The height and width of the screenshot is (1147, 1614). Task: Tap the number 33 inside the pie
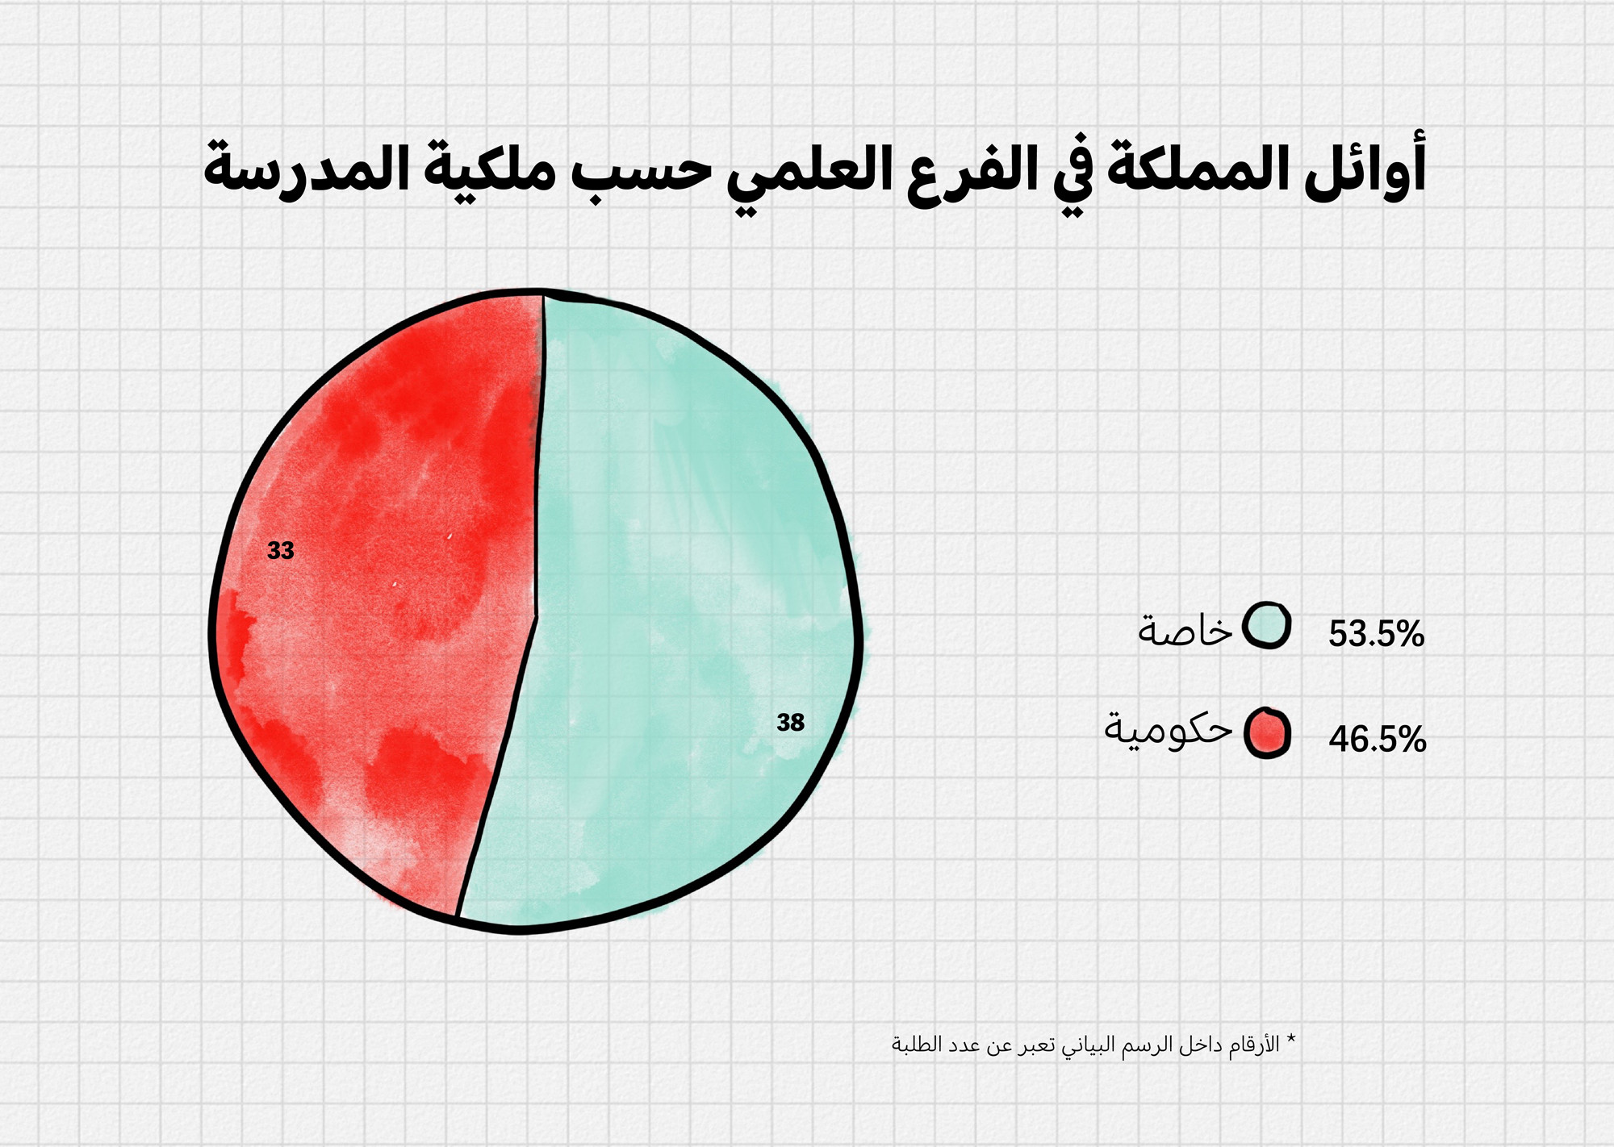click(x=281, y=551)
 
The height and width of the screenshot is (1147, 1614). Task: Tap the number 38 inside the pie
click(x=791, y=723)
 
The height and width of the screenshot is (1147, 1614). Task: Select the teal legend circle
click(x=1266, y=625)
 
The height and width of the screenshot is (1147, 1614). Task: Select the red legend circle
click(x=1267, y=733)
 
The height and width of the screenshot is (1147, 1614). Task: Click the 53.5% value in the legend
click(x=1377, y=634)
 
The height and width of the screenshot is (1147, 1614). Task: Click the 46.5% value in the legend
click(x=1378, y=740)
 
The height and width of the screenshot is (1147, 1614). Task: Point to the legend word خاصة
click(x=1185, y=628)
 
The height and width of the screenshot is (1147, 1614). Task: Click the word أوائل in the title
click(x=1365, y=168)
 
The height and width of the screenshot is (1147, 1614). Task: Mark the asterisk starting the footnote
click(x=1290, y=1038)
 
